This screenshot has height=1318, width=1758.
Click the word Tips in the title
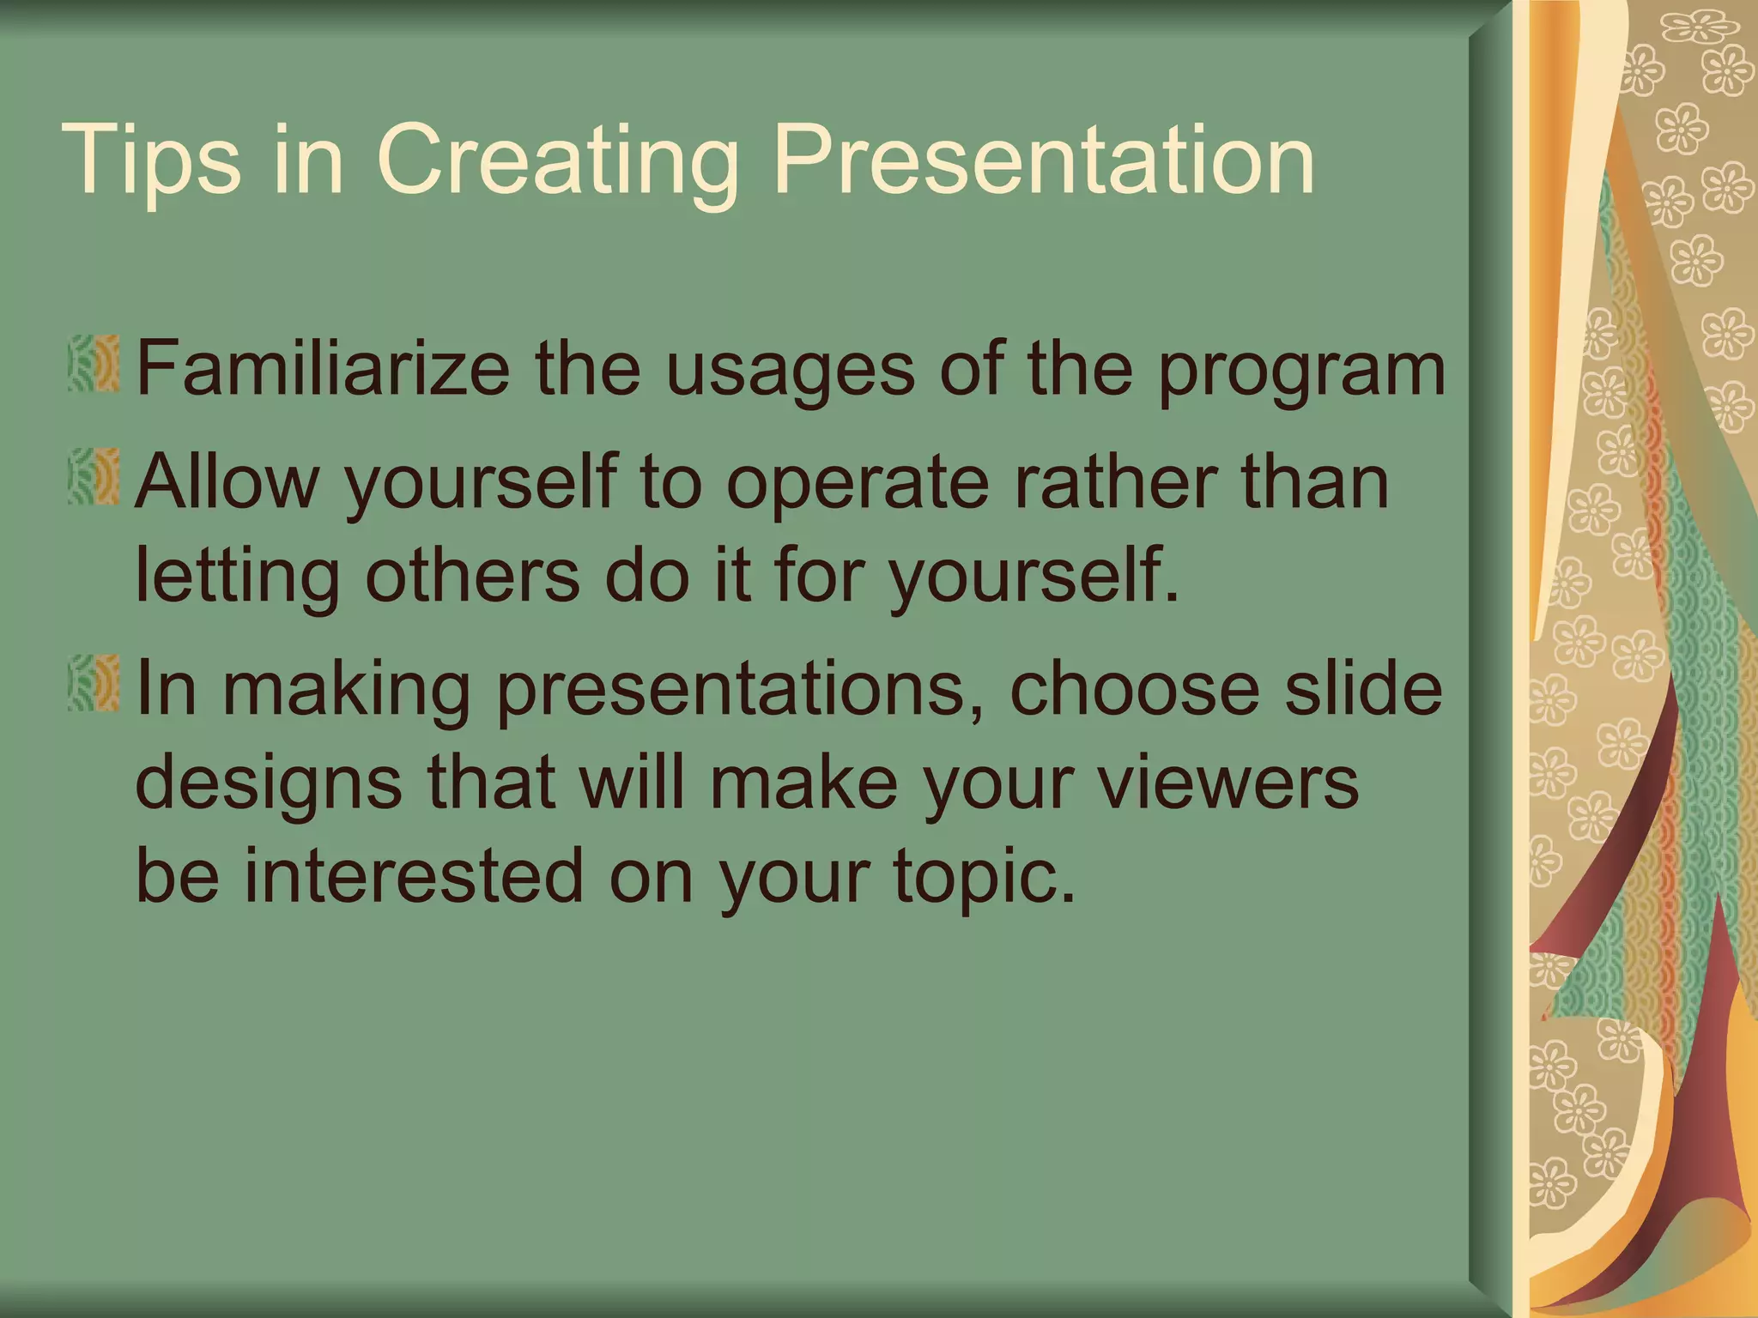click(151, 160)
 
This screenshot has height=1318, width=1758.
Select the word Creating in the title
click(557, 160)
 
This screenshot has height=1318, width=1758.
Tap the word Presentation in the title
click(1043, 160)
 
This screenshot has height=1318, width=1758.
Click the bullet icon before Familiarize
click(94, 366)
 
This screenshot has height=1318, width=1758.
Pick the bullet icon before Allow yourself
click(94, 477)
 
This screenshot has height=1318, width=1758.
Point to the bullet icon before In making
click(94, 684)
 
